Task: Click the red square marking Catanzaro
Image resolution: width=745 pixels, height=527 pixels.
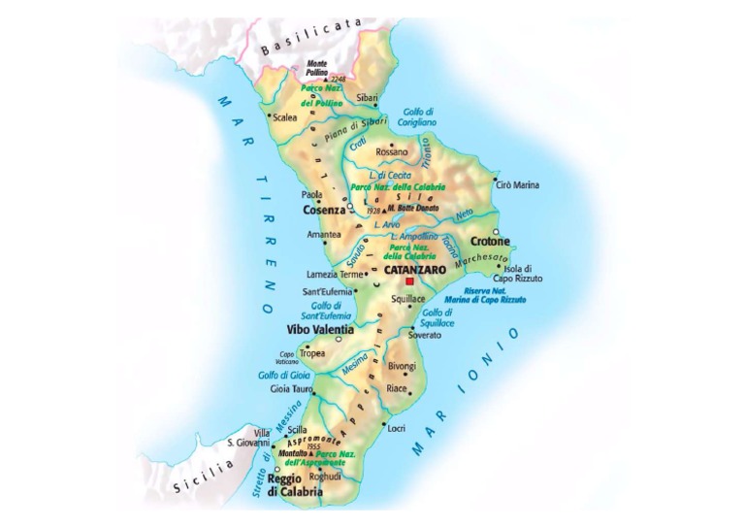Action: (x=410, y=281)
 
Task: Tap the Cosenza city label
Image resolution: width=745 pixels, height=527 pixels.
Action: (x=323, y=210)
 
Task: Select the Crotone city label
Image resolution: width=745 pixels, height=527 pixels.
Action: (x=490, y=241)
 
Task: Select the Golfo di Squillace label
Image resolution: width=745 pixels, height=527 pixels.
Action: (x=437, y=317)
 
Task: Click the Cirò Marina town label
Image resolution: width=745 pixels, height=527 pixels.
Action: (x=520, y=184)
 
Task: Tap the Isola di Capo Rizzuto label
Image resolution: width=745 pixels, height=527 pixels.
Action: (x=524, y=274)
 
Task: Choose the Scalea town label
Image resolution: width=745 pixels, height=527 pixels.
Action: (x=285, y=117)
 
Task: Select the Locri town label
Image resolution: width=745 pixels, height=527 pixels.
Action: (x=397, y=427)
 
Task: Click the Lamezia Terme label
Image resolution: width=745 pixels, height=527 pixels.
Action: (x=333, y=274)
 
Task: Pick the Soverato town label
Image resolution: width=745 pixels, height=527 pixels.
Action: (x=424, y=335)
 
